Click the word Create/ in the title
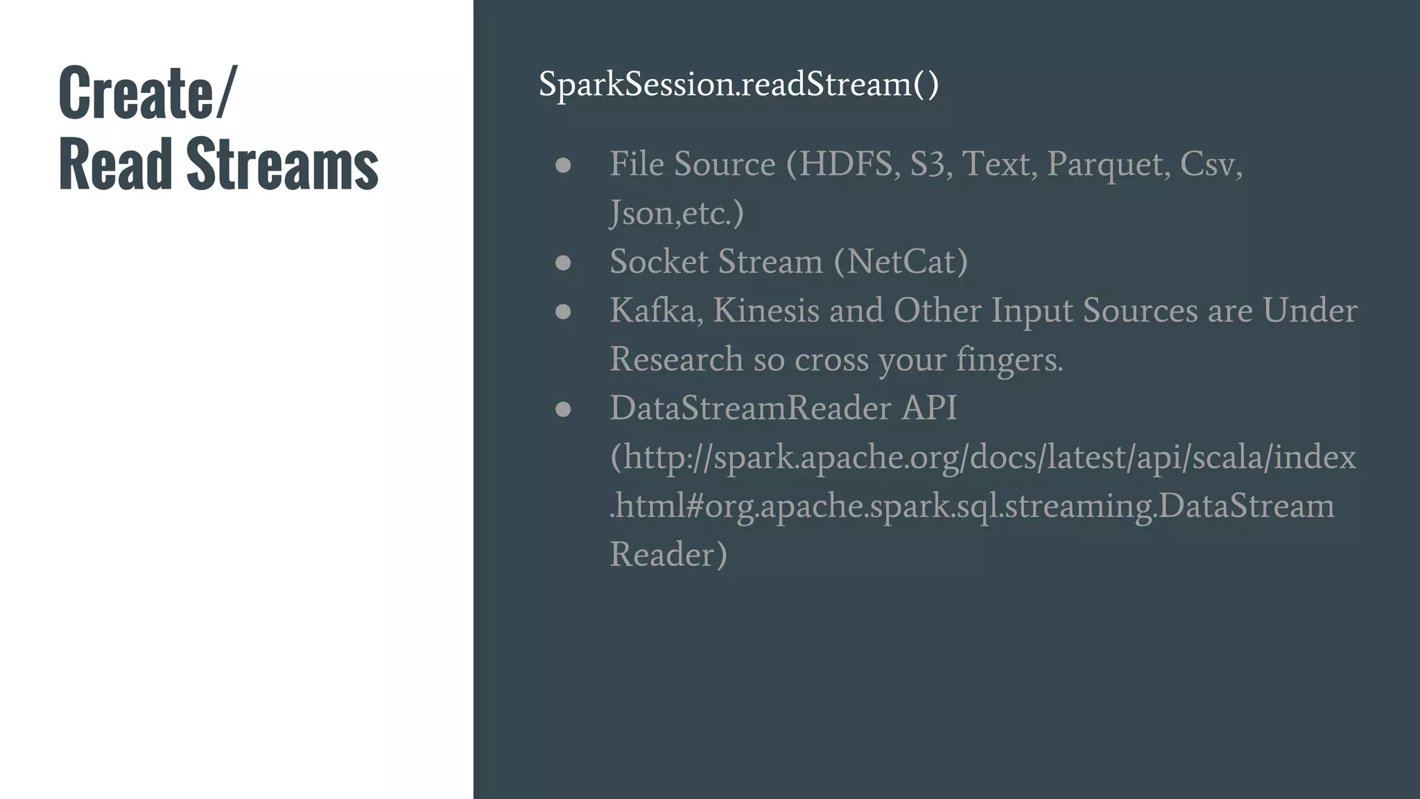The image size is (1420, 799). click(148, 92)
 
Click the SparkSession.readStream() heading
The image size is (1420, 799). click(738, 84)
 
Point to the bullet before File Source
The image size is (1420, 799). click(563, 165)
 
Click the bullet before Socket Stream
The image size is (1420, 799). click(563, 263)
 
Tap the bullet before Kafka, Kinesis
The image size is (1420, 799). click(563, 311)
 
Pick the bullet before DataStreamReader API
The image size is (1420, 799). click(563, 409)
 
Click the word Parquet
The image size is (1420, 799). click(1108, 165)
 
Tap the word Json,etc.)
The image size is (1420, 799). click(677, 213)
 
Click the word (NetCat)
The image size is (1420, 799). click(901, 261)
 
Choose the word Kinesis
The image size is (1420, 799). click(766, 310)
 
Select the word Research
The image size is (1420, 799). click(676, 359)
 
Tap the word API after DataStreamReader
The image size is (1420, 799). click(929, 408)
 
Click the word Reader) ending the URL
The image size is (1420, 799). click(668, 554)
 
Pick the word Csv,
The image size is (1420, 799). click(1211, 164)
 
